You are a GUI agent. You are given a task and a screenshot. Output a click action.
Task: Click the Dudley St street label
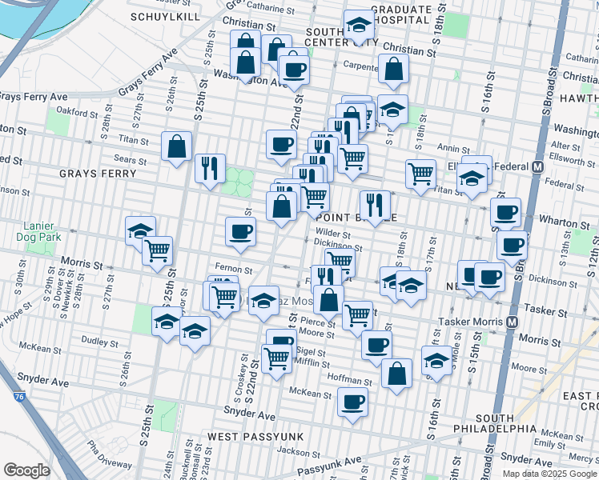(x=100, y=341)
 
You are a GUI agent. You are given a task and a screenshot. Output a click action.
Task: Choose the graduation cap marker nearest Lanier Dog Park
(x=140, y=230)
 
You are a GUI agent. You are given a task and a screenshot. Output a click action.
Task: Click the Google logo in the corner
(x=26, y=470)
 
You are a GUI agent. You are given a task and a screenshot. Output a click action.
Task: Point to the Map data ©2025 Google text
(x=550, y=474)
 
